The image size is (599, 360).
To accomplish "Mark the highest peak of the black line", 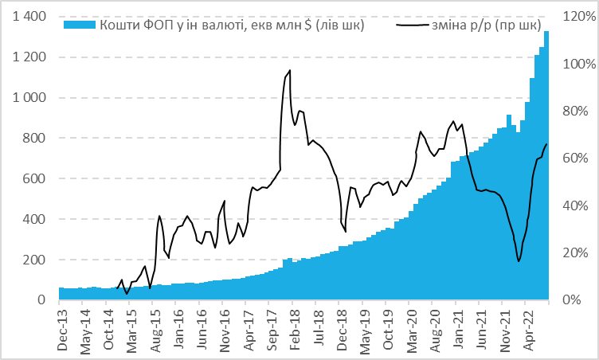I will pos(290,71).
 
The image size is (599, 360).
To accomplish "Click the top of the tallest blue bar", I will pos(546,32).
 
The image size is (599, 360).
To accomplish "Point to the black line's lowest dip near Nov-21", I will pos(519,261).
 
